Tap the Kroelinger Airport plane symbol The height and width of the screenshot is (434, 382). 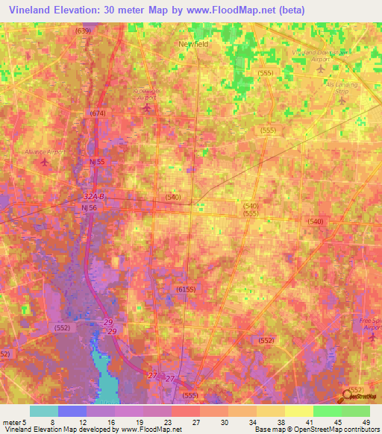point(146,108)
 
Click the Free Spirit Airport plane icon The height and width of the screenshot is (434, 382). point(372,338)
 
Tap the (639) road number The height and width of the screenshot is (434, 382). point(83,31)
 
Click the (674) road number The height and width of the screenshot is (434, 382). point(98,113)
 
